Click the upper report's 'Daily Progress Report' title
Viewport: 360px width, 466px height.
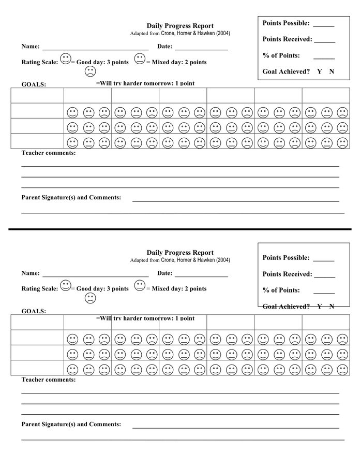click(x=179, y=26)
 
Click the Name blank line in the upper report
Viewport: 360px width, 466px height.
click(x=95, y=49)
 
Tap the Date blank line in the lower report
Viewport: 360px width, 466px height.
click(x=201, y=276)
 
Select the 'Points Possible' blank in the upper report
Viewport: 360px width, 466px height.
click(x=323, y=25)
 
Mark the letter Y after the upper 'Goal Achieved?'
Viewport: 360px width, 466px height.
click(x=319, y=71)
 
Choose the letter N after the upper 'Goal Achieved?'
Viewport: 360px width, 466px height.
click(x=332, y=71)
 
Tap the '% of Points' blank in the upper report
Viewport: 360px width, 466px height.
click(x=324, y=58)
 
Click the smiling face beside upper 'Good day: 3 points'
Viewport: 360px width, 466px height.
click(x=65, y=59)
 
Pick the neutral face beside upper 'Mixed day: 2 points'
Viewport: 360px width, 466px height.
click(x=140, y=59)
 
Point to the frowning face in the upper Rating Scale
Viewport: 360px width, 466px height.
click(x=90, y=71)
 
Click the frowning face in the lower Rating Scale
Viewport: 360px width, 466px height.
click(x=90, y=298)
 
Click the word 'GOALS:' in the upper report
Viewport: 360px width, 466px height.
click(x=34, y=84)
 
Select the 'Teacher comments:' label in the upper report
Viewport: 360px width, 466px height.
click(x=48, y=153)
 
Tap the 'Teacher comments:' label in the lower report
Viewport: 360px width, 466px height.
click(x=48, y=380)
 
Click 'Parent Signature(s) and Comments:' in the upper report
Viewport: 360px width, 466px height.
click(x=71, y=197)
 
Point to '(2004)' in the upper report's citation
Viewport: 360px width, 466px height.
click(x=223, y=33)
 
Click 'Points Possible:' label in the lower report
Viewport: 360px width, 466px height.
click(x=286, y=258)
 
